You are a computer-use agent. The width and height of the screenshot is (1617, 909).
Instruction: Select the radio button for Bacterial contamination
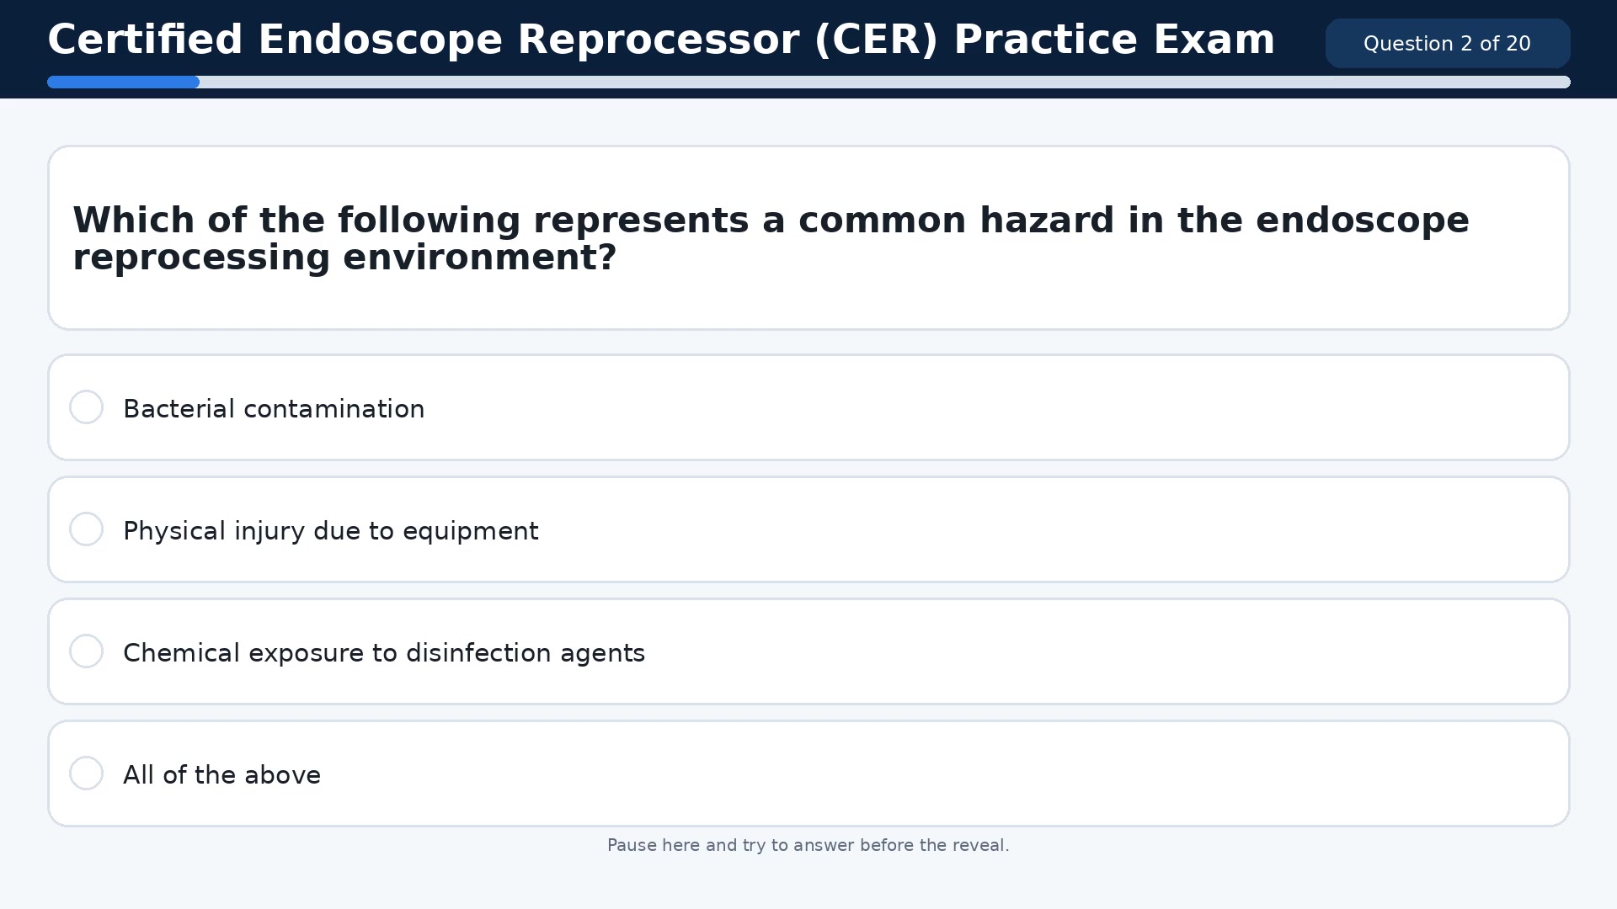(x=86, y=407)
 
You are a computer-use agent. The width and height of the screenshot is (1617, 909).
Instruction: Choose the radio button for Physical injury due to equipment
(x=86, y=529)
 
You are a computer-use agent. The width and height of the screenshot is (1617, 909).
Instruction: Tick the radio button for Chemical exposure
(x=86, y=651)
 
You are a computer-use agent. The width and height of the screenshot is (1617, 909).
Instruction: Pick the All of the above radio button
(x=86, y=773)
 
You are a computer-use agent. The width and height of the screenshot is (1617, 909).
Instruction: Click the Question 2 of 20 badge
(x=1447, y=44)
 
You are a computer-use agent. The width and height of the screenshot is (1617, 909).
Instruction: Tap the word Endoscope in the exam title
(x=380, y=40)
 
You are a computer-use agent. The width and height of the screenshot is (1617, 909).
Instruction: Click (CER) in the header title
(x=876, y=40)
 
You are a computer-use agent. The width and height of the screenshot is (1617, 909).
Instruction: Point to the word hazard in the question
(x=1047, y=221)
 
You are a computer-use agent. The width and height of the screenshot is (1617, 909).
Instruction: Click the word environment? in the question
(x=480, y=258)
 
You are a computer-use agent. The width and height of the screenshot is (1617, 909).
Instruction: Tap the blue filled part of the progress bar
(x=123, y=82)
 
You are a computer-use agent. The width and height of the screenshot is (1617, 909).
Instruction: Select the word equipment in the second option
(x=470, y=531)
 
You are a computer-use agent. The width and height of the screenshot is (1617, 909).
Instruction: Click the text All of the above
(x=221, y=775)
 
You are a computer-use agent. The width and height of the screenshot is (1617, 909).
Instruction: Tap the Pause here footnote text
(x=808, y=845)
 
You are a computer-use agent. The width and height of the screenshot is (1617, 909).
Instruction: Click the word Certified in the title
(x=145, y=40)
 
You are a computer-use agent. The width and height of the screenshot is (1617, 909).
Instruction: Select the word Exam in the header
(x=1214, y=40)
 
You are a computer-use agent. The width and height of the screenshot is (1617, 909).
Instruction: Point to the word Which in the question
(x=134, y=221)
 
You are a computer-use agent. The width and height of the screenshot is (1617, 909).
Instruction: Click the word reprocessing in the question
(x=201, y=258)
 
